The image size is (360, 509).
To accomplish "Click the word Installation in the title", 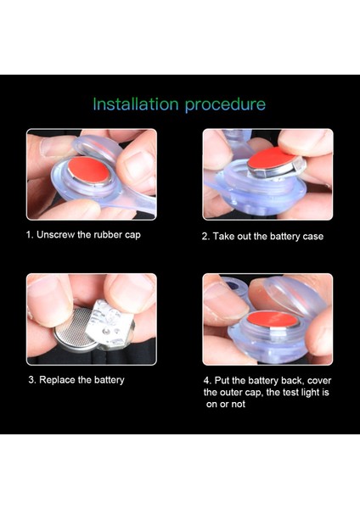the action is (136, 104).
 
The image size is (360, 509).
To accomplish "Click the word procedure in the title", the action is (226, 105).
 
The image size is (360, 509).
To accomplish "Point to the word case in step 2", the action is (313, 237).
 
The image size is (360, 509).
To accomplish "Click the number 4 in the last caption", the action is (207, 380).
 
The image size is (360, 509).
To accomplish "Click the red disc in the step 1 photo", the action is (88, 171).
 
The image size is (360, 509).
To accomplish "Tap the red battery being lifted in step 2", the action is (273, 158).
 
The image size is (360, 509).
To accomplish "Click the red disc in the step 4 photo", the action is (273, 319).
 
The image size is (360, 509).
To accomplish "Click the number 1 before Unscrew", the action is (29, 235).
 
